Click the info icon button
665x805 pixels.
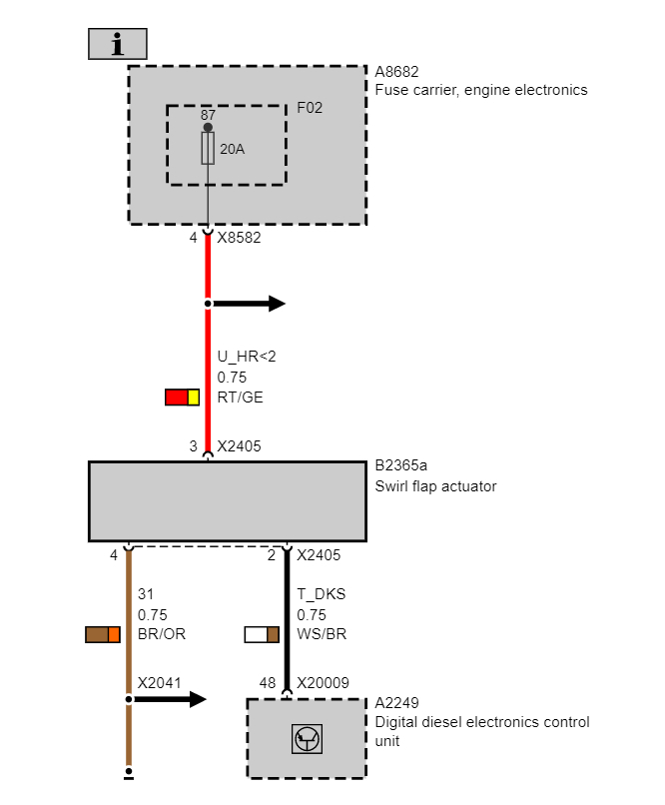coord(118,44)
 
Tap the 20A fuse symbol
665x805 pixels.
coord(208,150)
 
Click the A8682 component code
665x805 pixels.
coord(397,72)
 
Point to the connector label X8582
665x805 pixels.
coord(239,239)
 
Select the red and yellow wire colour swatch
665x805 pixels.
coord(183,398)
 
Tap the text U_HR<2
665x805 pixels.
coord(247,358)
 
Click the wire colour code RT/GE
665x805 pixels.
coord(240,398)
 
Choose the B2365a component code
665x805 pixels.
coord(401,465)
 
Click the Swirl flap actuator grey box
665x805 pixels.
coord(228,501)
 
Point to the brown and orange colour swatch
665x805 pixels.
coord(103,634)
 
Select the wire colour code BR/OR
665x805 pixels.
coord(162,634)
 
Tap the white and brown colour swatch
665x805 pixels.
coord(262,634)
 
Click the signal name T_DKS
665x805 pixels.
coord(322,594)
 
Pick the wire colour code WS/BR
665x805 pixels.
coord(323,634)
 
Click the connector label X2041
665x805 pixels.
coord(159,683)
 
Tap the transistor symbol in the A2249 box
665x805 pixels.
coord(307,740)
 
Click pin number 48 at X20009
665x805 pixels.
coord(267,683)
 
